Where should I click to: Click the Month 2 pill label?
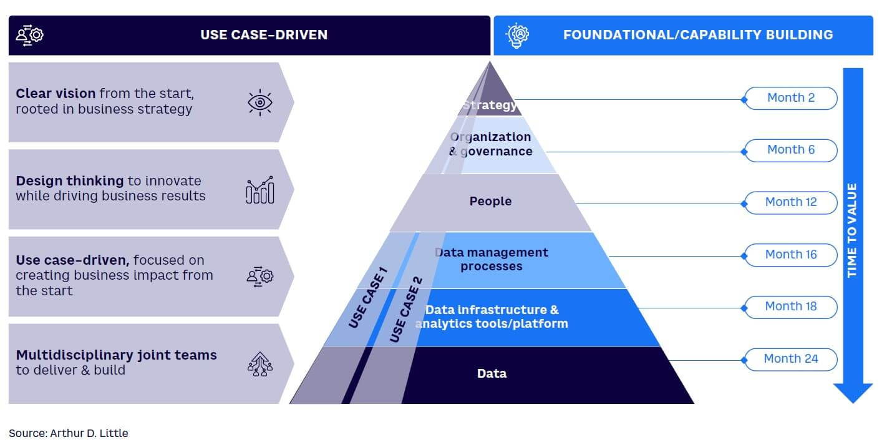click(x=791, y=98)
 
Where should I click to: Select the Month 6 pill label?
click(x=791, y=150)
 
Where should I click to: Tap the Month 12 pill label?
click(x=791, y=202)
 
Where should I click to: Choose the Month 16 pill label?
click(x=791, y=255)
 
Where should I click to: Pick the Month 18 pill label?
click(x=791, y=307)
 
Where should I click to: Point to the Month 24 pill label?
click(x=791, y=360)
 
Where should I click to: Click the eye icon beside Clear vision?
click(x=260, y=102)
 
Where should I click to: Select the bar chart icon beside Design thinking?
click(x=260, y=190)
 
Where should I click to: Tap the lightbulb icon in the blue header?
click(x=517, y=36)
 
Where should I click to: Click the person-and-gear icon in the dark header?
click(x=29, y=35)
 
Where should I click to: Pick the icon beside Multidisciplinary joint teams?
click(x=260, y=364)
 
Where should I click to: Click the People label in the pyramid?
click(x=490, y=201)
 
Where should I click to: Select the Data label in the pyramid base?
click(x=492, y=373)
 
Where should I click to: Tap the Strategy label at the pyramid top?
click(x=490, y=105)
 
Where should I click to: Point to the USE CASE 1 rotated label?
click(x=367, y=298)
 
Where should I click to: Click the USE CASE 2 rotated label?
click(x=406, y=309)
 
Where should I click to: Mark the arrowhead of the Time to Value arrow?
click(x=853, y=393)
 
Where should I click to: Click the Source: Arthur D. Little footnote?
click(x=69, y=433)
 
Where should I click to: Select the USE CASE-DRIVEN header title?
click(x=264, y=35)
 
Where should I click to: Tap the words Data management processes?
click(x=492, y=259)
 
